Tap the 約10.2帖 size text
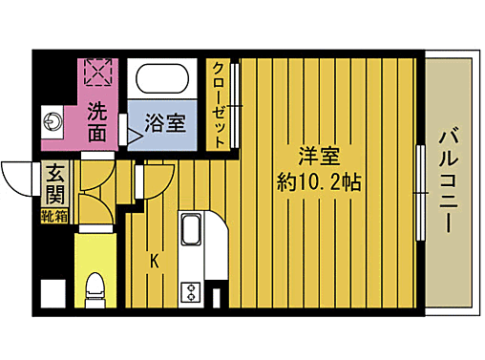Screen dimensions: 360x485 (x=319, y=181)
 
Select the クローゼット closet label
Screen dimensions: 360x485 (x=219, y=104)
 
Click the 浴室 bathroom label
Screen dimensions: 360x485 (x=164, y=123)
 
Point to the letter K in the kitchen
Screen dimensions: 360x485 (x=152, y=258)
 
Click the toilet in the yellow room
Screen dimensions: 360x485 (x=95, y=287)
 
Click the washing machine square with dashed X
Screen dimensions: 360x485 (x=98, y=72)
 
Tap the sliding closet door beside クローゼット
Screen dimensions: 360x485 (x=234, y=104)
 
